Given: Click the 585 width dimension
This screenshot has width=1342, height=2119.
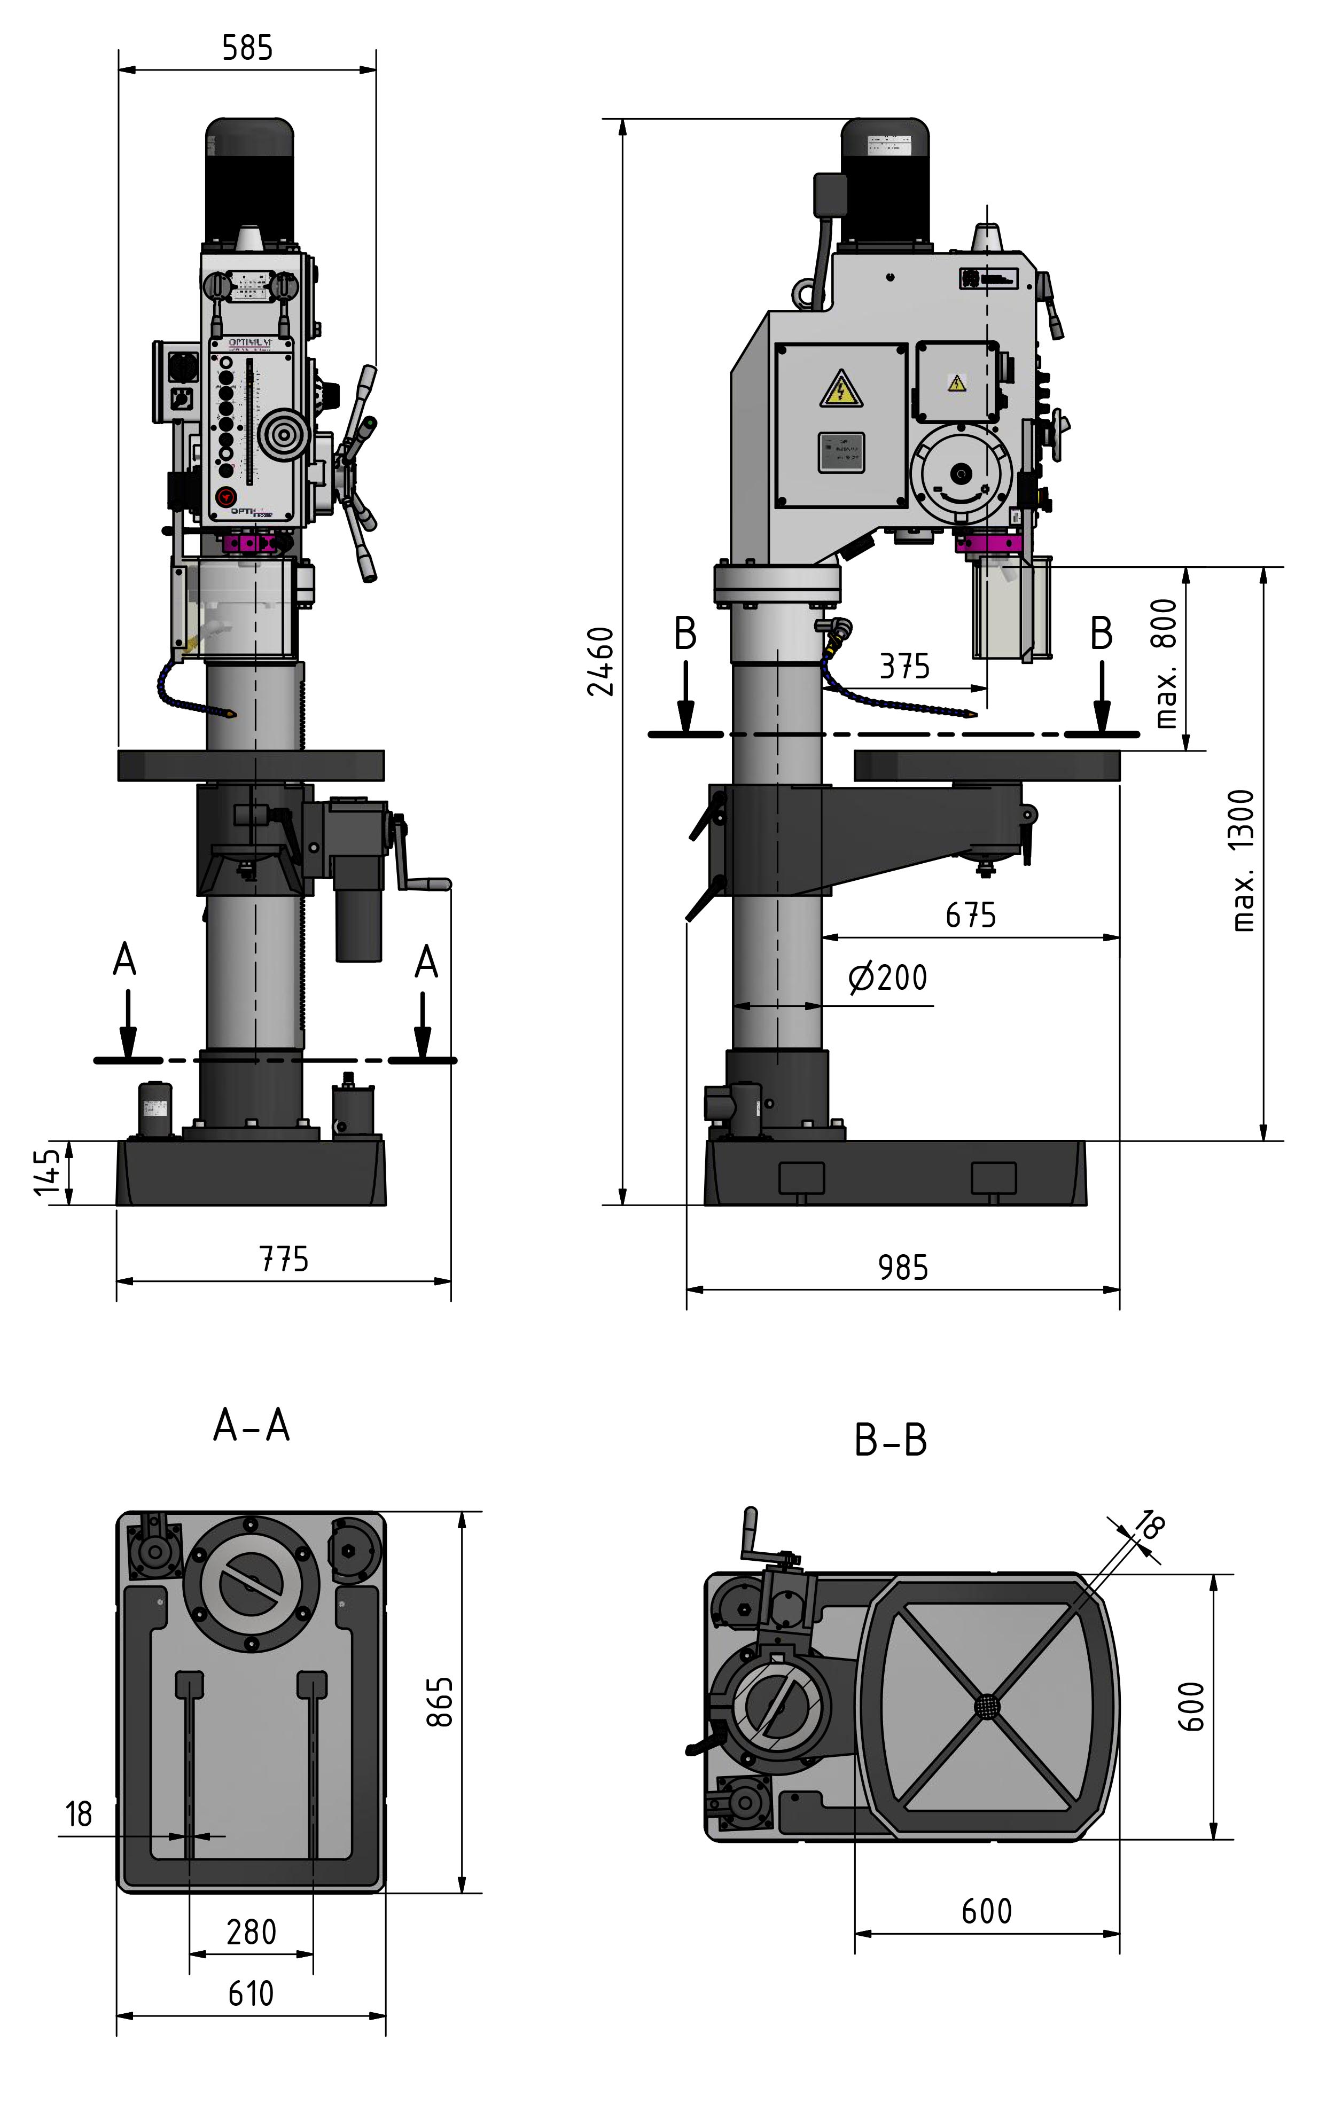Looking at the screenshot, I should pyautogui.click(x=247, y=48).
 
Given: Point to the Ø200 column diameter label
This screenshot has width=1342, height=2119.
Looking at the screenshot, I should pyautogui.click(x=888, y=978).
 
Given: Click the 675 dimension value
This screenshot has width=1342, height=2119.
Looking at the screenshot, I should pyautogui.click(x=971, y=915).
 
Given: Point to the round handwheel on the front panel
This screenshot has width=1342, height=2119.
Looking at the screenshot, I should pyautogui.click(x=283, y=435).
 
